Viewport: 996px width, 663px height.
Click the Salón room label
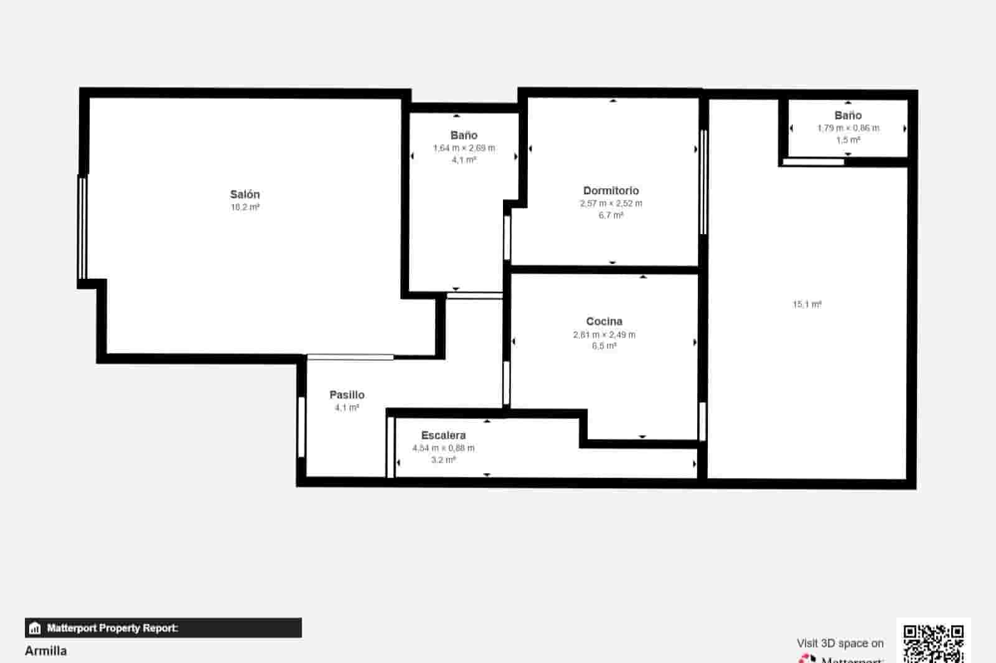(x=245, y=194)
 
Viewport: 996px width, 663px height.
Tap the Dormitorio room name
(x=611, y=190)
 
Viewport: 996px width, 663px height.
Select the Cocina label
(x=604, y=321)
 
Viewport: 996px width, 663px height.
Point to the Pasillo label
(x=347, y=395)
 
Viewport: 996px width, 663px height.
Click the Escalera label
(x=443, y=435)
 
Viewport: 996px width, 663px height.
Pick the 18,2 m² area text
(x=245, y=207)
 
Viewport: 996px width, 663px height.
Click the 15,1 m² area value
(x=807, y=304)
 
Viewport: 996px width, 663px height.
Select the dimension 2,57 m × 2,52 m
(x=611, y=204)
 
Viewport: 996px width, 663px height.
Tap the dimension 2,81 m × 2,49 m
(x=604, y=334)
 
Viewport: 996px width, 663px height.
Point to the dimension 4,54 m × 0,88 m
(x=443, y=448)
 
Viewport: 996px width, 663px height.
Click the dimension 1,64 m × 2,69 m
(x=464, y=148)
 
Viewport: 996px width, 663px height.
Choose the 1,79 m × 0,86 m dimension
(x=848, y=128)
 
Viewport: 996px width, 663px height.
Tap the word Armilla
(x=46, y=651)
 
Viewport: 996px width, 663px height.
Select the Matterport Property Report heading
(x=113, y=628)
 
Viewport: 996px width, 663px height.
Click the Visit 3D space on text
(x=840, y=643)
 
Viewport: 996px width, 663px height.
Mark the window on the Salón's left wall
(x=82, y=227)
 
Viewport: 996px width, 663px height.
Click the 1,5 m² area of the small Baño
(x=848, y=140)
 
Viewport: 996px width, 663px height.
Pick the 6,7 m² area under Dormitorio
(x=611, y=215)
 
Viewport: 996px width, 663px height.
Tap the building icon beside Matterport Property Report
(x=35, y=628)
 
